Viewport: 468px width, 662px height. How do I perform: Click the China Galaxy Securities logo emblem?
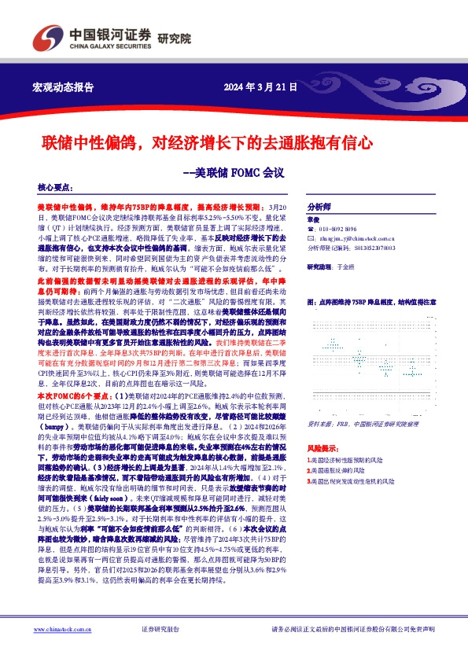pyautogui.click(x=46, y=37)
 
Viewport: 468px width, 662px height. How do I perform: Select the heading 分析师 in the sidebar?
pyautogui.click(x=318, y=201)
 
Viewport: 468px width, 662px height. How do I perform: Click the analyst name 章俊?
pyautogui.click(x=313, y=220)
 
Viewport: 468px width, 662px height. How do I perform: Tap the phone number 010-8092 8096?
pyautogui.click(x=341, y=230)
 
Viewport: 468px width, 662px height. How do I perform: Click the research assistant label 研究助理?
pyautogui.click(x=321, y=267)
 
